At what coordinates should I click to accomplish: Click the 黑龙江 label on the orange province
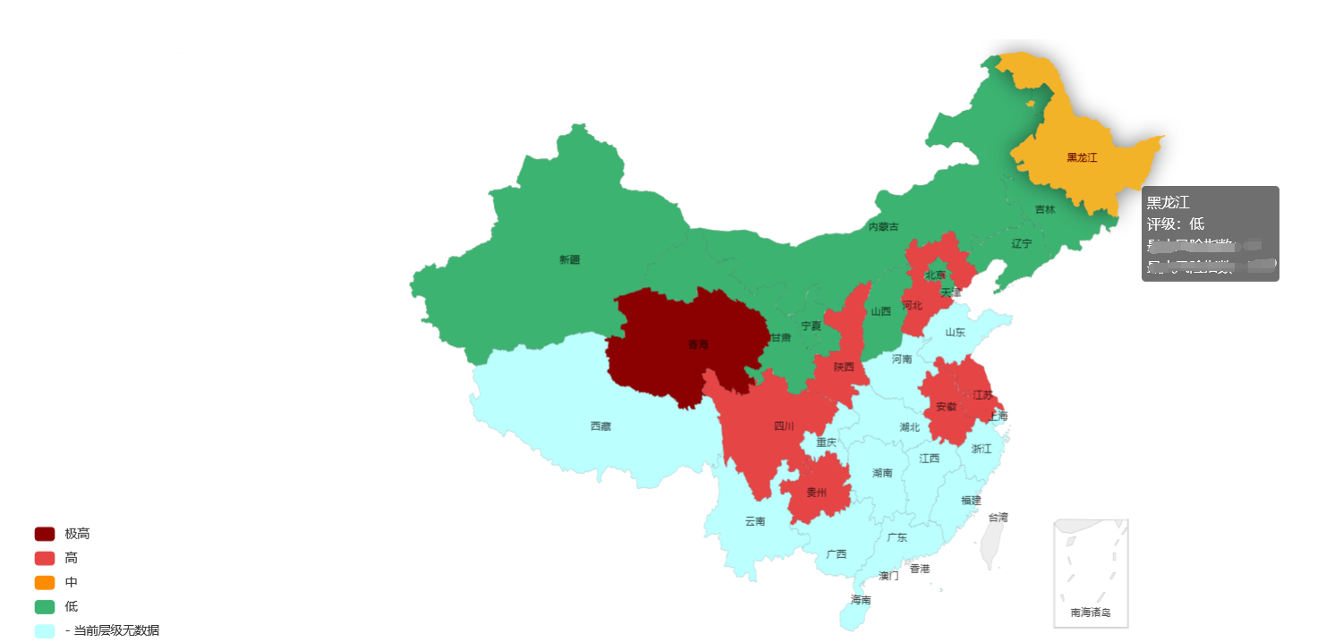point(1082,157)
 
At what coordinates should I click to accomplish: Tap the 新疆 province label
point(569,260)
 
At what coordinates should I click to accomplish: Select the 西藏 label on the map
point(600,427)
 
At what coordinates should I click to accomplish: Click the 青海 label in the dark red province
point(698,344)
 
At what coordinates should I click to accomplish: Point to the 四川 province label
point(784,427)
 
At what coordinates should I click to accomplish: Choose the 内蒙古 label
point(883,227)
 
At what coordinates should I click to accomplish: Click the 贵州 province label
point(816,493)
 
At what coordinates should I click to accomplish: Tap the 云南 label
point(755,521)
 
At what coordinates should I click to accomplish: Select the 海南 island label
point(861,600)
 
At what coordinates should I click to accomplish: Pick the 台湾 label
point(998,517)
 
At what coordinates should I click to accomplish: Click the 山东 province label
point(956,333)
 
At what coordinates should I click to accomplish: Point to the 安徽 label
point(946,407)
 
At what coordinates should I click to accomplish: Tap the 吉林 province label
point(1045,210)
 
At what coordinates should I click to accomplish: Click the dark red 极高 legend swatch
point(45,534)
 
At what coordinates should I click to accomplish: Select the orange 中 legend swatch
point(45,582)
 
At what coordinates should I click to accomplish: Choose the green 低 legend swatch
point(45,607)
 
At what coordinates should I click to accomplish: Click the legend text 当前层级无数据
point(116,631)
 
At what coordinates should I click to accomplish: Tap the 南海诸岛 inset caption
point(1090,612)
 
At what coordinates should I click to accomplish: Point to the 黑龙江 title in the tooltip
point(1168,202)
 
